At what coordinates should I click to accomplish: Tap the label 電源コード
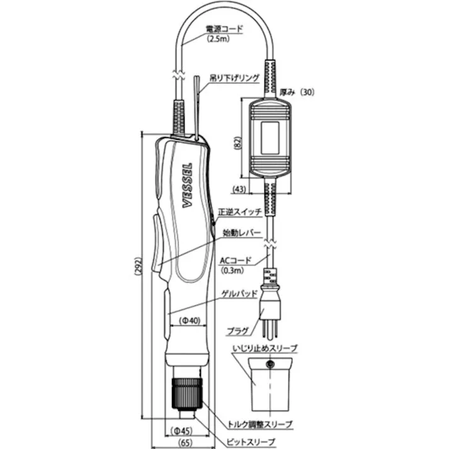pyautogui.click(x=224, y=29)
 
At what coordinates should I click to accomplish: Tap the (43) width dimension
pyautogui.click(x=239, y=188)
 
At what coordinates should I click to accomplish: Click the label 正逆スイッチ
pyautogui.click(x=240, y=212)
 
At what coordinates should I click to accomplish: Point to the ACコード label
pyautogui.click(x=237, y=260)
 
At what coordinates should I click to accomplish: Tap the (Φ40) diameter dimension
pyautogui.click(x=189, y=320)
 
